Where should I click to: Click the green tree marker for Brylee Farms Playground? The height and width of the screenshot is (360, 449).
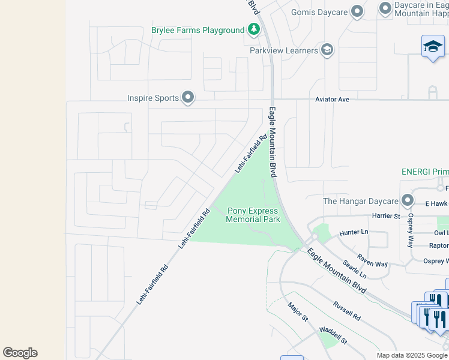[x=254, y=30]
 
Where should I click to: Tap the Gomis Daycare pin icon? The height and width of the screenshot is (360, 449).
[x=357, y=11]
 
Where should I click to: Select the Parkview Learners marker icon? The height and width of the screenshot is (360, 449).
[x=327, y=50]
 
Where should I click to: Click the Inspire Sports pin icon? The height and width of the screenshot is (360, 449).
[x=188, y=97]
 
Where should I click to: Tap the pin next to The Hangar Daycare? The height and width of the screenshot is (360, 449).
[x=408, y=200]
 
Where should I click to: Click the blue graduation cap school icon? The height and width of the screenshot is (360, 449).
[x=433, y=47]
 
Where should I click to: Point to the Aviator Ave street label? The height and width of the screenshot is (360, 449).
[x=332, y=99]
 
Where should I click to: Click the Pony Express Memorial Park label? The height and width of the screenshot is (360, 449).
[x=253, y=215]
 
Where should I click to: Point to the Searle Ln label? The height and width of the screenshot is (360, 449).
[x=354, y=269]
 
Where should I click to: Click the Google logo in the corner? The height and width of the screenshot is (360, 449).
[x=20, y=352]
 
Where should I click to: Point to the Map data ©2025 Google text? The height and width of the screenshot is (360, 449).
[x=411, y=355]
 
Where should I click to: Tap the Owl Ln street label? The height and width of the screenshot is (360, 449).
[x=441, y=232]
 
